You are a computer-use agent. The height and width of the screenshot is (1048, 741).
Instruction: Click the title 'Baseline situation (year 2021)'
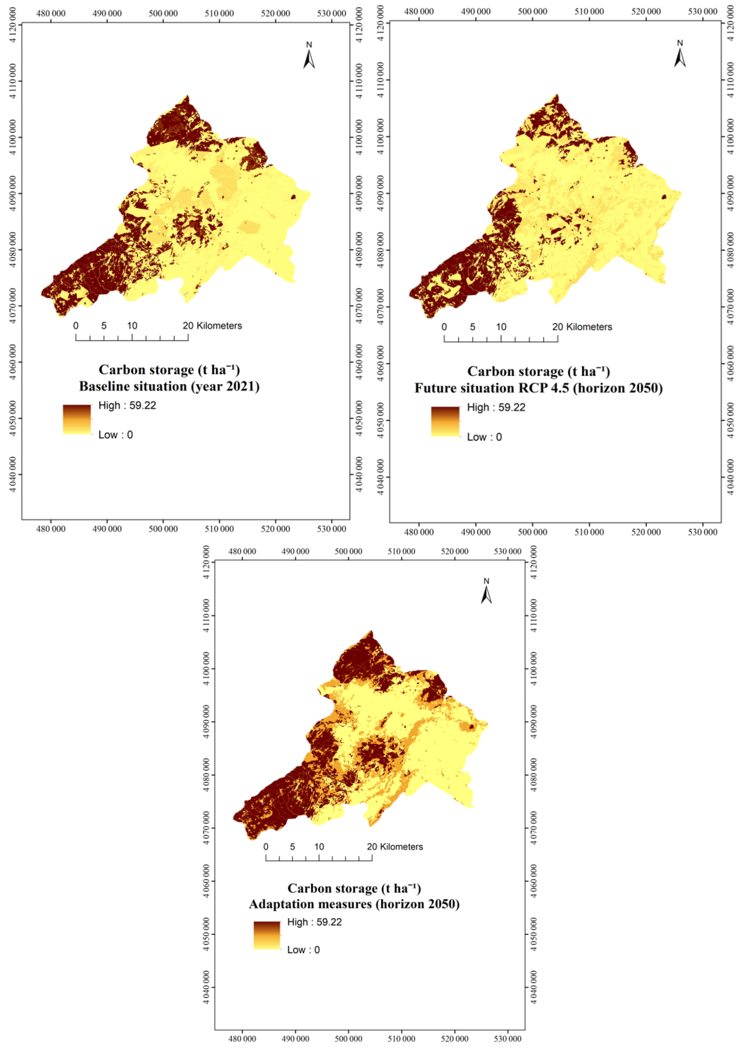point(169,387)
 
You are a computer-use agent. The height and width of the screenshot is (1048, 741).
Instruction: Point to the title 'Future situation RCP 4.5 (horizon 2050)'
point(539,388)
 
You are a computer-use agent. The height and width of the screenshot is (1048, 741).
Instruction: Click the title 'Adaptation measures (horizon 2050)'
point(354,904)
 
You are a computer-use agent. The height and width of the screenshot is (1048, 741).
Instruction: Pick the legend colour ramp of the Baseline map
point(77,419)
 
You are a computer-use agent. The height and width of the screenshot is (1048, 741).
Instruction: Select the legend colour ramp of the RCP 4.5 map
point(445,421)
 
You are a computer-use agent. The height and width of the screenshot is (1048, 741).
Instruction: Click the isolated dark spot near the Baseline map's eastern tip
point(293,197)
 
